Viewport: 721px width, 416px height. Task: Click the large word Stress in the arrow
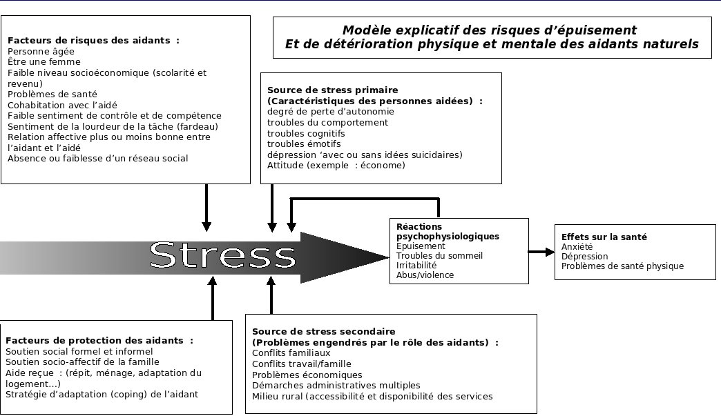[x=222, y=255]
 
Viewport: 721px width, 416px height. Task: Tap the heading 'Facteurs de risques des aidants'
[x=93, y=41]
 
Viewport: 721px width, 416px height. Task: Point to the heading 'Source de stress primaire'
[x=332, y=90]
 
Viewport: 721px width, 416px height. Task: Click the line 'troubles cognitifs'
[x=306, y=133]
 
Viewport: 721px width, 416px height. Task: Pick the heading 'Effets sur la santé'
[x=604, y=237]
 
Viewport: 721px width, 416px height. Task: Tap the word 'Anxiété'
[x=577, y=247]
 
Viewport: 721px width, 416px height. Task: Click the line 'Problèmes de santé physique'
[x=622, y=266]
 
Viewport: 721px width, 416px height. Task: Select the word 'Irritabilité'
[x=416, y=266]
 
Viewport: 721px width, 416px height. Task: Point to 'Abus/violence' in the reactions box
[x=425, y=275]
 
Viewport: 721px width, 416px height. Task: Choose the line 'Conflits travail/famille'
[x=301, y=364]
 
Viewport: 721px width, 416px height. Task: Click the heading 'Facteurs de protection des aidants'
[x=99, y=341]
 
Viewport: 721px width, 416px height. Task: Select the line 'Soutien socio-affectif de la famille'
[x=82, y=361]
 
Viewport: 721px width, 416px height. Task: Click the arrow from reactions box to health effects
[x=541, y=252]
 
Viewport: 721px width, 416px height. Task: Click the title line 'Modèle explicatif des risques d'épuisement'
[x=489, y=30]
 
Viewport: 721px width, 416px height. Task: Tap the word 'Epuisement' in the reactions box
[x=421, y=246]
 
